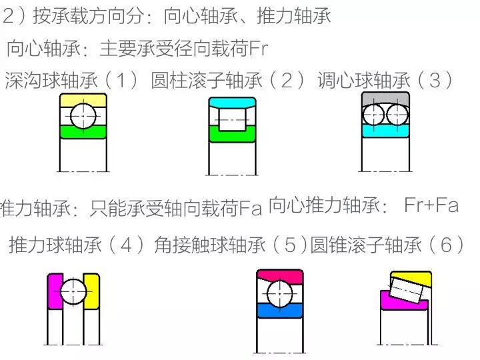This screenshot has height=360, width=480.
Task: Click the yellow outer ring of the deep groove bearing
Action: (83, 99)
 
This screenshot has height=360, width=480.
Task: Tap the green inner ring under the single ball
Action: (83, 133)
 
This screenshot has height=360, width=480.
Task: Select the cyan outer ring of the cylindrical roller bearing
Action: (232, 101)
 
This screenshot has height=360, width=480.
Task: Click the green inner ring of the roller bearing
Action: (232, 136)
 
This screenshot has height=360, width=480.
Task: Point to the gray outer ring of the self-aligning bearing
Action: (385, 97)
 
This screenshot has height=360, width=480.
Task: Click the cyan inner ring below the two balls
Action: (385, 131)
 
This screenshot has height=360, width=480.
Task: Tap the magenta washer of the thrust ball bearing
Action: (54, 291)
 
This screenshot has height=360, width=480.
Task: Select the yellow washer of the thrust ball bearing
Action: (92, 291)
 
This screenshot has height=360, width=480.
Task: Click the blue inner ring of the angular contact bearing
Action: (280, 311)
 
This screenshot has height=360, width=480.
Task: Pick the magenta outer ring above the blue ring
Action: (280, 276)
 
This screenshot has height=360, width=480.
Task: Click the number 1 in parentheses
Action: (121, 81)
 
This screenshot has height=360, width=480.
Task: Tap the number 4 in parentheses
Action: (127, 245)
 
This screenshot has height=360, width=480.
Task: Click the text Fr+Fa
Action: (431, 205)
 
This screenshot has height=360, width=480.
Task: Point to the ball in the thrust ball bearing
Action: (73, 291)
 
